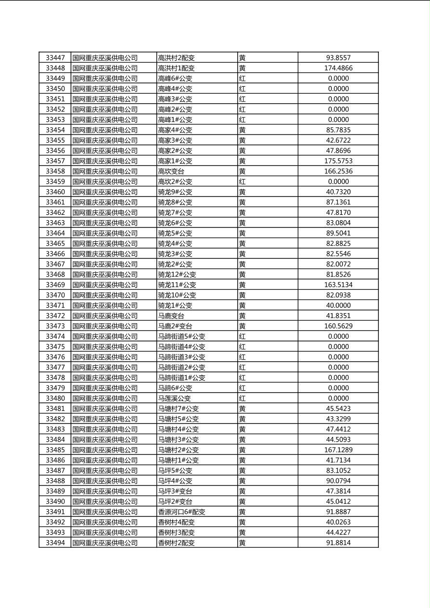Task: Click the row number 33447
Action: pyautogui.click(x=55, y=58)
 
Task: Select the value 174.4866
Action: pyautogui.click(x=338, y=68)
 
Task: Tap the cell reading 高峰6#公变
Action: pyautogui.click(x=175, y=79)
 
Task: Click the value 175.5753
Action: pyautogui.click(x=338, y=161)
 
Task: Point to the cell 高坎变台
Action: pyautogui.click(x=171, y=171)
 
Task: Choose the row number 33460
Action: pyautogui.click(x=55, y=192)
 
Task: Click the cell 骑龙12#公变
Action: pyautogui.click(x=177, y=275)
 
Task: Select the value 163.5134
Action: pyautogui.click(x=338, y=285)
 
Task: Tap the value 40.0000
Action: pyautogui.click(x=338, y=305)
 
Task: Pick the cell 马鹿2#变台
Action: pyautogui.click(x=175, y=326)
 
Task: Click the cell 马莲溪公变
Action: pyautogui.click(x=175, y=398)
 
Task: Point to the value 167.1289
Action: pyautogui.click(x=338, y=450)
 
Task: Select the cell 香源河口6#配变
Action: pyautogui.click(x=182, y=512)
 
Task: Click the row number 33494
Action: pyautogui.click(x=55, y=543)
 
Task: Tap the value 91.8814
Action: pyautogui.click(x=338, y=543)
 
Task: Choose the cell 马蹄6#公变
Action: pyautogui.click(x=175, y=388)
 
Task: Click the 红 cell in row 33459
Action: pyautogui.click(x=242, y=182)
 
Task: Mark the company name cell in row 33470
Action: pyautogui.click(x=105, y=295)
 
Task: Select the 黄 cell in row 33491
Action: pyautogui.click(x=242, y=512)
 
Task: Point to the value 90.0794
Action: pyautogui.click(x=338, y=481)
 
